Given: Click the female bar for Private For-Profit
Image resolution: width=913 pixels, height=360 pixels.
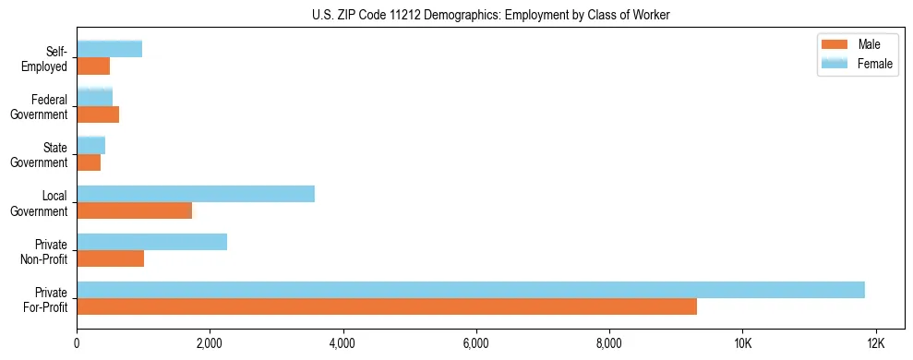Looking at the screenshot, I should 471,290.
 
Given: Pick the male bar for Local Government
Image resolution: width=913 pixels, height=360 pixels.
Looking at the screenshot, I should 135,210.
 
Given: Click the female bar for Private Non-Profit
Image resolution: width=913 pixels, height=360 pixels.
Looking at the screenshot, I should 152,242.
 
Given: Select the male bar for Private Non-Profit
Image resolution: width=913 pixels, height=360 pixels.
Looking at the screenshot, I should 111,258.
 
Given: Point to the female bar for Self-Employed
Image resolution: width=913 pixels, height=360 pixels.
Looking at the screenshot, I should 110,49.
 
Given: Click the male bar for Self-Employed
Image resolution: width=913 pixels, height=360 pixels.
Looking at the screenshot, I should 93,66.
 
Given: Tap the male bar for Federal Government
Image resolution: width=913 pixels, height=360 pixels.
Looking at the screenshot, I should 98,114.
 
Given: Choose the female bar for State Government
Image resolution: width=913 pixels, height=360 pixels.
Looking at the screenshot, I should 91,145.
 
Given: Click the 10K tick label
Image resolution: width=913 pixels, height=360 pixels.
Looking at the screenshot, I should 742,343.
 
